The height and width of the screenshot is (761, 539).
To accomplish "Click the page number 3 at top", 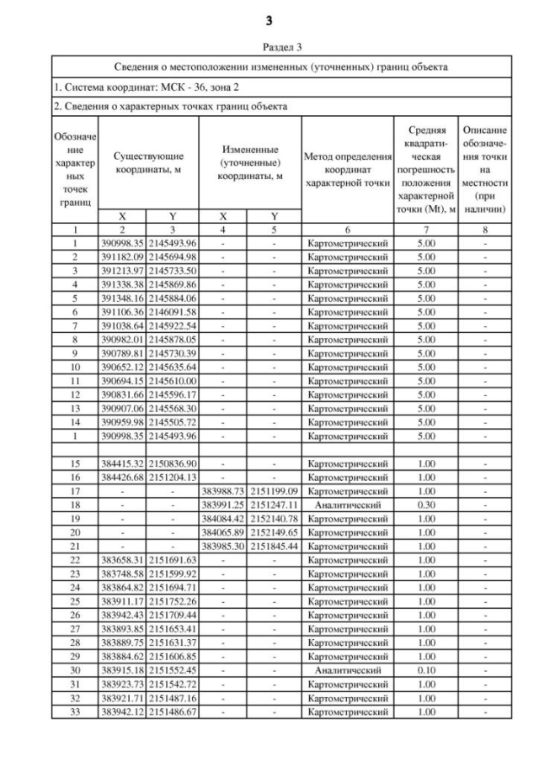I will point(269,18).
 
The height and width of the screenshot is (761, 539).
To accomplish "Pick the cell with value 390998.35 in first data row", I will point(122,244).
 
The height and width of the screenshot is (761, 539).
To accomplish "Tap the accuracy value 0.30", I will point(424,505).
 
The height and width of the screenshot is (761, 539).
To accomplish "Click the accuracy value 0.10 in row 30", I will point(424,670).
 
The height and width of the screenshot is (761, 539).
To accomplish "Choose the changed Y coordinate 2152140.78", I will point(274,519).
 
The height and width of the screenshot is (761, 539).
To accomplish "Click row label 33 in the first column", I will point(74,711).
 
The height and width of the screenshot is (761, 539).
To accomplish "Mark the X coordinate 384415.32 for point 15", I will point(122,463).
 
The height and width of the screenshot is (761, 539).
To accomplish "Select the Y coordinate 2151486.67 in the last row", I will point(173,711).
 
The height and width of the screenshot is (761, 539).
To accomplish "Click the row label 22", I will point(74,560).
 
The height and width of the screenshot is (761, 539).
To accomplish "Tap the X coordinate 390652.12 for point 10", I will point(122,367).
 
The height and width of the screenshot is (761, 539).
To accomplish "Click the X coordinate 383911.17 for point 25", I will point(122,601).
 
